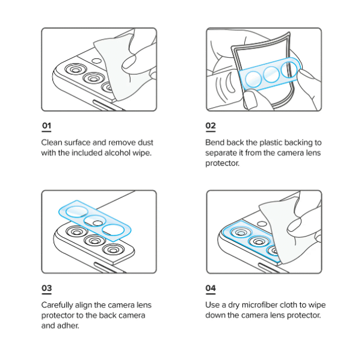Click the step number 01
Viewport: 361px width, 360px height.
[46, 126]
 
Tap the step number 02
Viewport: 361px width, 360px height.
[211, 126]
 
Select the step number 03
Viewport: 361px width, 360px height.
[46, 288]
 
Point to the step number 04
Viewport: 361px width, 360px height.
[211, 288]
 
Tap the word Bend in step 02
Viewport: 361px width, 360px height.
[215, 142]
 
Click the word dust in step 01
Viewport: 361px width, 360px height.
[145, 142]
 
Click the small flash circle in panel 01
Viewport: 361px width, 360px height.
[96, 61]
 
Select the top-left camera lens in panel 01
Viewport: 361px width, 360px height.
[76, 69]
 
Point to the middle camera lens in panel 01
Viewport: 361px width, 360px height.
[93, 78]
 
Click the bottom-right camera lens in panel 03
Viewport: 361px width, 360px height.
[113, 249]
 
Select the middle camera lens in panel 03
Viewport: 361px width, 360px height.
[94, 240]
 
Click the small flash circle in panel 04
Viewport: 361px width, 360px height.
[262, 223]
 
